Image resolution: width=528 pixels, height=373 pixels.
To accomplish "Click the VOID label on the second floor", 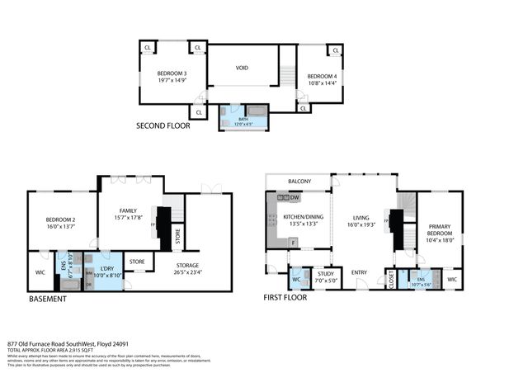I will [242, 68].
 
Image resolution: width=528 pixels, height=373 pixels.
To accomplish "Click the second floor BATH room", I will [243, 120].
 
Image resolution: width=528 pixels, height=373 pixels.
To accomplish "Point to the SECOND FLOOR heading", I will [163, 126].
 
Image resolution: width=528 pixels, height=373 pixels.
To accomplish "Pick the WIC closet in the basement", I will [39, 271].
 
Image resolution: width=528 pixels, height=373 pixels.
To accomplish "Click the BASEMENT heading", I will [48, 299].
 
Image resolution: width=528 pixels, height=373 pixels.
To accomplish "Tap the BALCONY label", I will [299, 182].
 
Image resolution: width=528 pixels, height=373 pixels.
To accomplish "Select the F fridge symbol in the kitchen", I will [293, 242].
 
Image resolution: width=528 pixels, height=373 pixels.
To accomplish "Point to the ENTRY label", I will [359, 272].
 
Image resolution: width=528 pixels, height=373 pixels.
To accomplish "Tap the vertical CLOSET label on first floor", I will [390, 280].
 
